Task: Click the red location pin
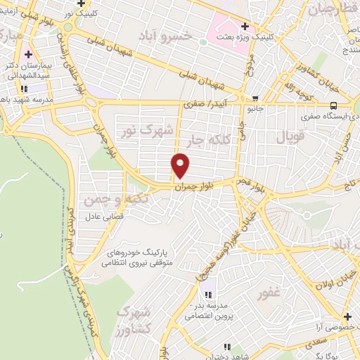point(181,165)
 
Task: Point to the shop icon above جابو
point(255,98)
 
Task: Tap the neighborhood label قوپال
point(290,137)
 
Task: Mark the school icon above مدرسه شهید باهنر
point(24,89)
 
